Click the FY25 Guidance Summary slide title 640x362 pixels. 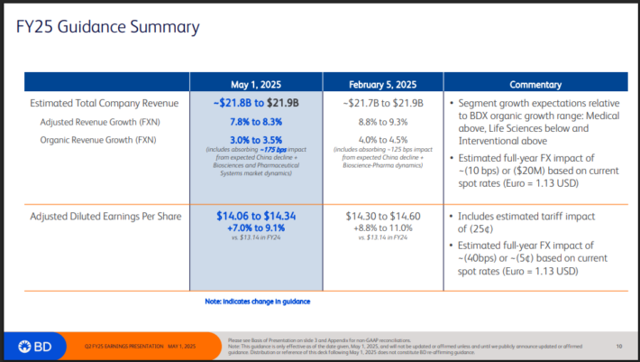pyautogui.click(x=108, y=26)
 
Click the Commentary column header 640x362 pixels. pyautogui.click(x=535, y=83)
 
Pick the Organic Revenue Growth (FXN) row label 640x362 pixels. pyautogui.click(x=97, y=139)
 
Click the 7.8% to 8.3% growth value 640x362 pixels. pyautogui.click(x=256, y=121)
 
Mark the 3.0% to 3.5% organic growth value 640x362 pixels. pyautogui.click(x=256, y=139)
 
